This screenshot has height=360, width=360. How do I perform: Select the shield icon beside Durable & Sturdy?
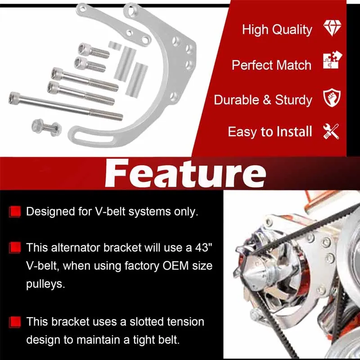click(x=332, y=97)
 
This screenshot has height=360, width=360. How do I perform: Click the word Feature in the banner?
click(x=185, y=173)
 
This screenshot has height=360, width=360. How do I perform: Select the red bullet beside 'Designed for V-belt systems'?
click(x=15, y=211)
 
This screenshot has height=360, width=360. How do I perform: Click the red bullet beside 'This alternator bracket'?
click(x=15, y=247)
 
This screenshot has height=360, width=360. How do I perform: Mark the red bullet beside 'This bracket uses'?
click(x=15, y=322)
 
